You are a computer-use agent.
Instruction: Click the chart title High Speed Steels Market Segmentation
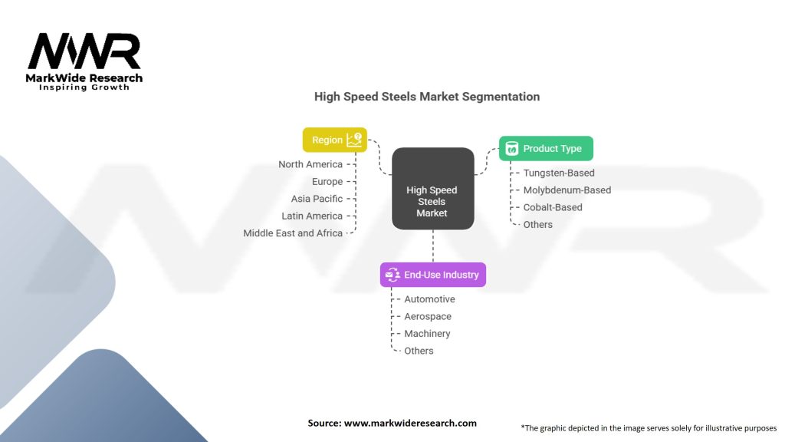click(427, 97)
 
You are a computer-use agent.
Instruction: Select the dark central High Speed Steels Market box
click(432, 189)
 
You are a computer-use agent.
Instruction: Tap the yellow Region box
click(335, 140)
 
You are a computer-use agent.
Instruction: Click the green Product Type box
click(546, 148)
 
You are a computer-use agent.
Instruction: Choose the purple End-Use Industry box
click(433, 275)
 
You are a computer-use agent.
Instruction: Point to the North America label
click(310, 164)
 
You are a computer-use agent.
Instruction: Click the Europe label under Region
click(327, 182)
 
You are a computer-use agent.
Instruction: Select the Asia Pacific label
click(317, 199)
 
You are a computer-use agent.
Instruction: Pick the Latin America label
click(312, 216)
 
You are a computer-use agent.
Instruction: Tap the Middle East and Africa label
click(293, 233)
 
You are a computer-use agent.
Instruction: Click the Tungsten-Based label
click(559, 173)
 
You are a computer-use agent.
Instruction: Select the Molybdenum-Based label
click(567, 190)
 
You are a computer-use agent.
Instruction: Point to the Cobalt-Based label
click(553, 207)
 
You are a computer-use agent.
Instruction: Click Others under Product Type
click(537, 225)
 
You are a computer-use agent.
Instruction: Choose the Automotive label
click(429, 299)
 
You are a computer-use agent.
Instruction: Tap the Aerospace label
click(428, 316)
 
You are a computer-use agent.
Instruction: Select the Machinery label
click(427, 334)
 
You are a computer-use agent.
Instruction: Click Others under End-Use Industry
click(419, 351)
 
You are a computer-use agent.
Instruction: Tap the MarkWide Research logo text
click(84, 78)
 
